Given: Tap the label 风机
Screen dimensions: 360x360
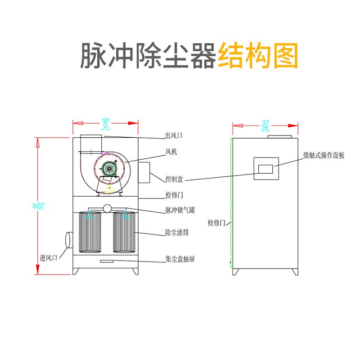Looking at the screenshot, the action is (171, 152).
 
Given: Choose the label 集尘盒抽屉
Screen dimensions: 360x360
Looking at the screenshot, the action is (180, 260).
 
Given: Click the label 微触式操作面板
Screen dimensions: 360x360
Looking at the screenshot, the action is (324, 155).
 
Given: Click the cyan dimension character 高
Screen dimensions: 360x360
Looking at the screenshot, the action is (40, 206).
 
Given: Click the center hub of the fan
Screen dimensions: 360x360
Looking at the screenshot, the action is (108, 169).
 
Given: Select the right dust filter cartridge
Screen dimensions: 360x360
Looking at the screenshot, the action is (125, 232).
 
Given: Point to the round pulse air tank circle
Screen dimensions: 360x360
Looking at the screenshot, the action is (107, 208).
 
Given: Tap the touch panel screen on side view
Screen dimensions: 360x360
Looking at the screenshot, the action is (266, 169).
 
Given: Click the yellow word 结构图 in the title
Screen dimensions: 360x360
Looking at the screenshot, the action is (258, 55).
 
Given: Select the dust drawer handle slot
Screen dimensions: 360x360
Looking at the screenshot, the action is (107, 262).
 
